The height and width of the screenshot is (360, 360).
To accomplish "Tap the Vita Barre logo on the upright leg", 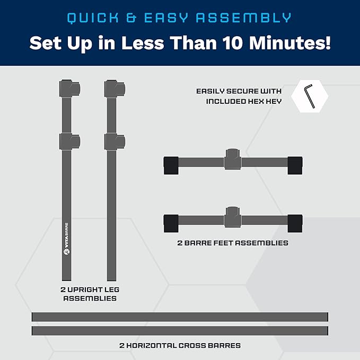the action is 66,239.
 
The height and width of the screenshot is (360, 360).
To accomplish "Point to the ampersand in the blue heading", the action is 131,18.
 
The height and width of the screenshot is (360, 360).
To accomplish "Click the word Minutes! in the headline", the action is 290,43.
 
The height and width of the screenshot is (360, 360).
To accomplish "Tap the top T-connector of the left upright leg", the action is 69,89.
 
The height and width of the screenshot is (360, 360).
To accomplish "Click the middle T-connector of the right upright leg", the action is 115,142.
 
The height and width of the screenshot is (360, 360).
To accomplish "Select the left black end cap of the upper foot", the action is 171,165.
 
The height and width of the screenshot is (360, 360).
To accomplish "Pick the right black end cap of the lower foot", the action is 295,223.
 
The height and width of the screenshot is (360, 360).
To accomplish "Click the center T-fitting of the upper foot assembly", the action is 233,159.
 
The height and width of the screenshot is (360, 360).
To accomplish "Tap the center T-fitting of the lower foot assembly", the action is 233,217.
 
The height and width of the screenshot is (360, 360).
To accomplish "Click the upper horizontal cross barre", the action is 180,317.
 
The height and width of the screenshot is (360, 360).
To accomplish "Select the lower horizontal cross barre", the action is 180,331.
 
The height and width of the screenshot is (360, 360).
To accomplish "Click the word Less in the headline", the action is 143,43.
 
